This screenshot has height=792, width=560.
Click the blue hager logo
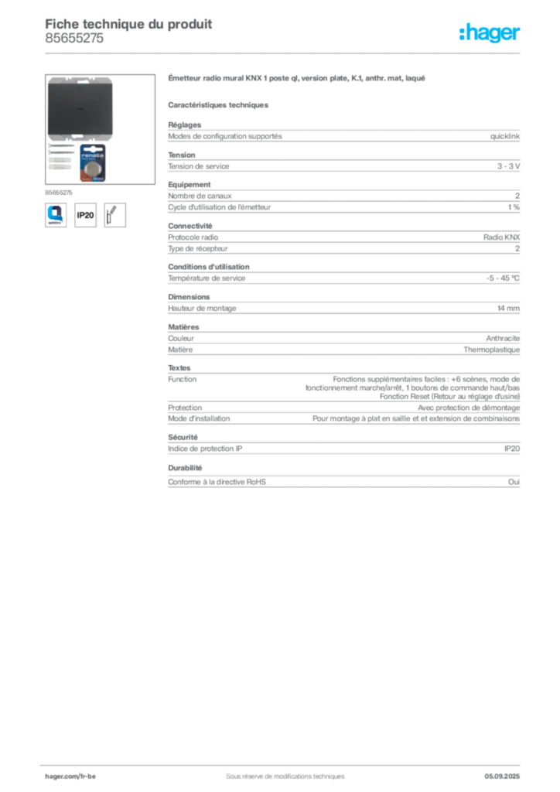490,32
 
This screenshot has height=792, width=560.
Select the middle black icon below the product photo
85,214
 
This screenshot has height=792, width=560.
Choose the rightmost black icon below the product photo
116,214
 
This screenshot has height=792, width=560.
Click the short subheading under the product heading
219,103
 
